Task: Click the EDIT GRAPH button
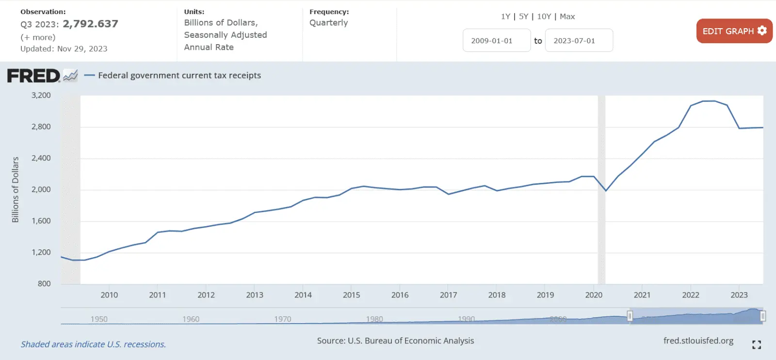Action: point(734,31)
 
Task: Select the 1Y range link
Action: point(505,16)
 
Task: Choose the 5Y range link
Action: point(523,16)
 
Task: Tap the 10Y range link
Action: point(544,16)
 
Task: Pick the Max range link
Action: point(567,16)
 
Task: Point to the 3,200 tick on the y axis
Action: point(41,96)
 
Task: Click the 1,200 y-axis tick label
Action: point(41,252)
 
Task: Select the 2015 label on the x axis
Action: point(352,295)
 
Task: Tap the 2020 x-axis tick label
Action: point(594,295)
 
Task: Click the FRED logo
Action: point(34,76)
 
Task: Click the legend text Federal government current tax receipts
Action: point(179,76)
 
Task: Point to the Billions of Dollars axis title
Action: point(16,190)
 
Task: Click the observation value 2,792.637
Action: point(91,24)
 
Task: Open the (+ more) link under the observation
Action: point(38,37)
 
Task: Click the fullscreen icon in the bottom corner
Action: point(756,344)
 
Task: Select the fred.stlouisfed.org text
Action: point(698,341)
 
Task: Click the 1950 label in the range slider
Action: point(99,319)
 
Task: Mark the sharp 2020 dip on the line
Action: point(606,191)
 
